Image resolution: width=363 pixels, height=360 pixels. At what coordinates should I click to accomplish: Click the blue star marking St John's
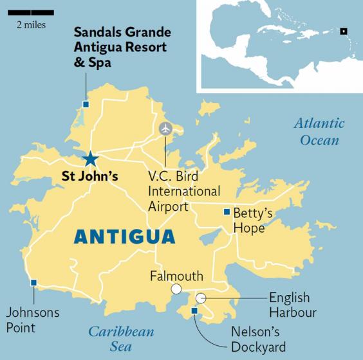coord(91,159)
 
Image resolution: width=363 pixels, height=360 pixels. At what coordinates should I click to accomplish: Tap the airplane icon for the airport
coord(166,128)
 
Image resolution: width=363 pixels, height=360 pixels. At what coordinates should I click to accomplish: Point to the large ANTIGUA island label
coord(124,237)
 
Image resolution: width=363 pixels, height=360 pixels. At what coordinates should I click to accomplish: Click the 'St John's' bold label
coord(89,176)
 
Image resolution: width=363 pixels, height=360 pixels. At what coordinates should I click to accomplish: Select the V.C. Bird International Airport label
coord(184,192)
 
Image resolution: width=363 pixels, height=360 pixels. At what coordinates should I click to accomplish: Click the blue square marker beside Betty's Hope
coord(226,212)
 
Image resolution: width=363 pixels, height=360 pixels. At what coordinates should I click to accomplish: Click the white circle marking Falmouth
coord(176,290)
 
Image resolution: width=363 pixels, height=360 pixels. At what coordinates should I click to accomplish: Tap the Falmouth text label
coord(175,276)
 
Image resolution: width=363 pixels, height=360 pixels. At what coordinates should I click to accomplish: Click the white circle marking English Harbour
coord(201,298)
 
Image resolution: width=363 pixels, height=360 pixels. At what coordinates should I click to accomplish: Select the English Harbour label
coord(293,305)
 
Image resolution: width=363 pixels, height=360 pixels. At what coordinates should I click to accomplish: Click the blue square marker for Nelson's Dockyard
coord(195,312)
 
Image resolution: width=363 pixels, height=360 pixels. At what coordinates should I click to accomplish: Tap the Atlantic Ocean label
coord(319,132)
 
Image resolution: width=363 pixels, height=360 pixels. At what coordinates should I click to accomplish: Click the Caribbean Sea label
coord(121,339)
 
